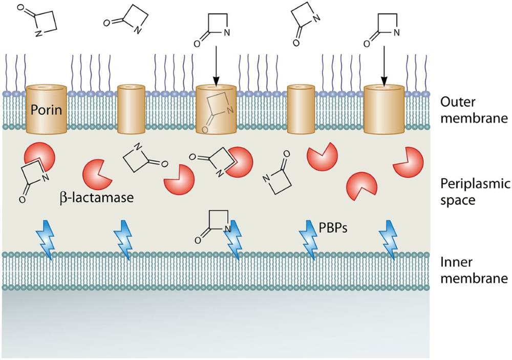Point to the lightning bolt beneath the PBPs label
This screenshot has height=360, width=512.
[x=309, y=239]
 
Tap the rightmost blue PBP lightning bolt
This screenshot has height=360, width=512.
[x=389, y=239]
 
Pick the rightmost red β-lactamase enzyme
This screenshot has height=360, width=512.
[x=408, y=162]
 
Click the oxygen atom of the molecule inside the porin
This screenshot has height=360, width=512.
[x=204, y=130]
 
